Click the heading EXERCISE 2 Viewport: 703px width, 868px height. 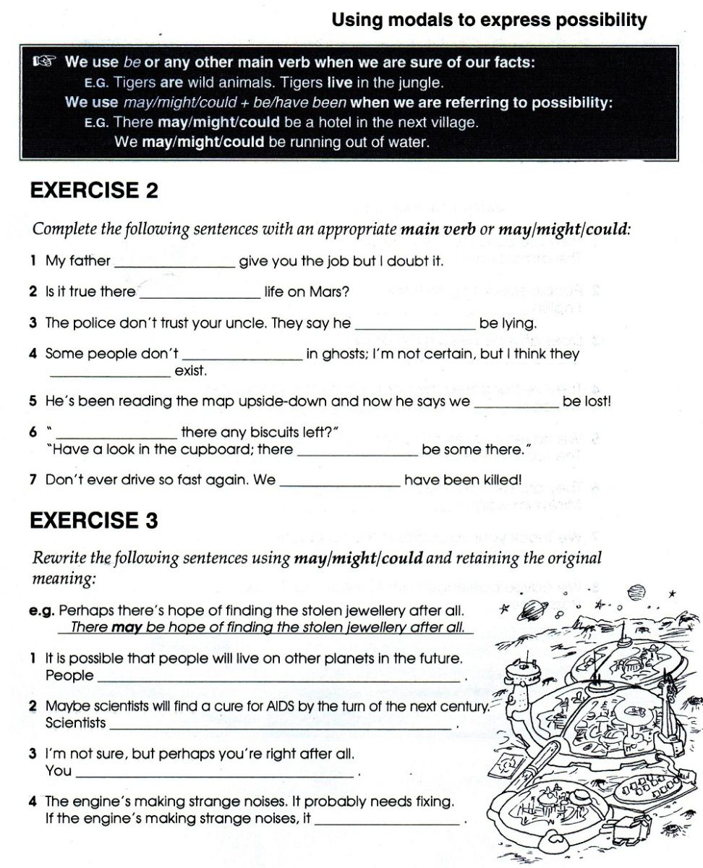tap(93, 191)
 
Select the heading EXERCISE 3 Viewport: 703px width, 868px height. tap(93, 520)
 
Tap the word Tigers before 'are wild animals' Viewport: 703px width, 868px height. tap(136, 82)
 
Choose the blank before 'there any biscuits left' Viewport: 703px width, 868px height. tap(116, 433)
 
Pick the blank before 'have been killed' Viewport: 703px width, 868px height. tap(340, 480)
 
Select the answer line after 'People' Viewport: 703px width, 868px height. tap(278, 677)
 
